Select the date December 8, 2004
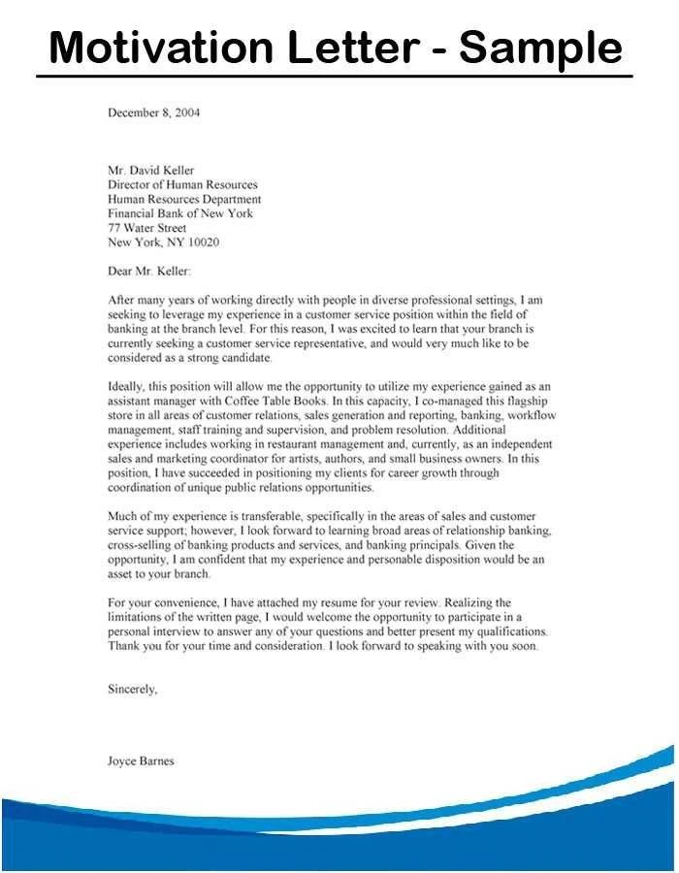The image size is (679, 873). point(153,113)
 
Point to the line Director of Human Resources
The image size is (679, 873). point(182,184)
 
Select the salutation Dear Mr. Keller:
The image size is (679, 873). point(149,271)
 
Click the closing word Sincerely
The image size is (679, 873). point(131,690)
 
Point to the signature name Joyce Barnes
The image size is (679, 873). point(141,761)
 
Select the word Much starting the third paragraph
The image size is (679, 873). point(122,516)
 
